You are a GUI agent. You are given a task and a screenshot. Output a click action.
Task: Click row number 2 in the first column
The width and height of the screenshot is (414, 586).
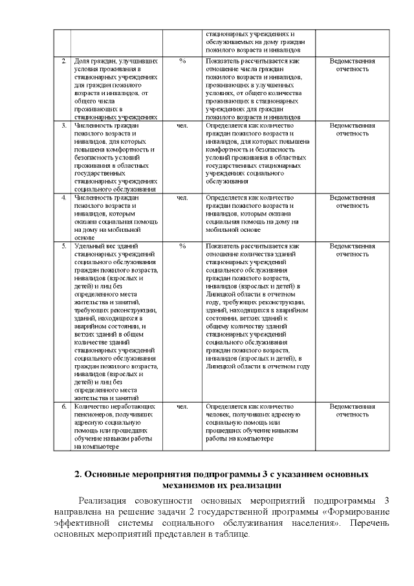point(63,60)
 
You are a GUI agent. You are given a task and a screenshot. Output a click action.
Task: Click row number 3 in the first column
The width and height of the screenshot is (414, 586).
point(63,125)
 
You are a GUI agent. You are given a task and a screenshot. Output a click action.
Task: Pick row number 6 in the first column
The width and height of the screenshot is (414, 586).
point(63,407)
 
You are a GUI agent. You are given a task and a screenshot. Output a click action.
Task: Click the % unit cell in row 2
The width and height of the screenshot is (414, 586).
point(182,60)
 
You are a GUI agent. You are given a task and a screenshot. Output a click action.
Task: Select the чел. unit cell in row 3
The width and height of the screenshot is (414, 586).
point(182,125)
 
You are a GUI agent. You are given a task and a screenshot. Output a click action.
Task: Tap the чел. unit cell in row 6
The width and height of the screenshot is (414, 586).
point(182,407)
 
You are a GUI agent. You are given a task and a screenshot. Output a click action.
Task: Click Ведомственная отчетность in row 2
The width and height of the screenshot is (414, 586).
point(352,64)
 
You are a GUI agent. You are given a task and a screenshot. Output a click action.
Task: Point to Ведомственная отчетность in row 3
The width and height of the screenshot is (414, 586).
point(352,129)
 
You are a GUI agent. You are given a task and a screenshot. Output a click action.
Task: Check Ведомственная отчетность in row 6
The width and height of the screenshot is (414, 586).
point(352,411)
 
